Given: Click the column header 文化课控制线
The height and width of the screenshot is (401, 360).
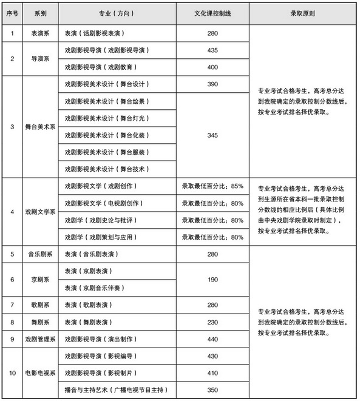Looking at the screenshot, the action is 212,13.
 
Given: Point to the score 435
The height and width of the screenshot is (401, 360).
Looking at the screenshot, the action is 212,50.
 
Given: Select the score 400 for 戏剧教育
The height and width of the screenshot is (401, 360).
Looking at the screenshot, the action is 212,67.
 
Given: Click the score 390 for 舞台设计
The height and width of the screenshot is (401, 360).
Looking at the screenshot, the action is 212,84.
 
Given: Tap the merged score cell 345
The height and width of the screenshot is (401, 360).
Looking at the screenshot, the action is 212,135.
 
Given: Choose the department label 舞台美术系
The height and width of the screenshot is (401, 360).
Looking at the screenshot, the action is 41,126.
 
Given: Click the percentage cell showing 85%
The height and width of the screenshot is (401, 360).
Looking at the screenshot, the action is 212,186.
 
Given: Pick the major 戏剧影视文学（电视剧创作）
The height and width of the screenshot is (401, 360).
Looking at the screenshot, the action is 101,203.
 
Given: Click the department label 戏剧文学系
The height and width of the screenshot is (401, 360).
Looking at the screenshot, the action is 41,212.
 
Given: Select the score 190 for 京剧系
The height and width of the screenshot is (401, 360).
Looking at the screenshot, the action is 212,279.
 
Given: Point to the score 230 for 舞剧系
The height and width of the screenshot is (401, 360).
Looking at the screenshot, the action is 212,322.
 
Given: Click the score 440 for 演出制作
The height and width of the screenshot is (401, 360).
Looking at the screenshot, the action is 212,339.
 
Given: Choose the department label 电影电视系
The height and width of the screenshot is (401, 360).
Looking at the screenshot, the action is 41,372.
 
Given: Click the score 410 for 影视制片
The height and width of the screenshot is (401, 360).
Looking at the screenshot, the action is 212,372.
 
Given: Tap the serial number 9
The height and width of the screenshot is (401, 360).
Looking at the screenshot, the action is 12,339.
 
